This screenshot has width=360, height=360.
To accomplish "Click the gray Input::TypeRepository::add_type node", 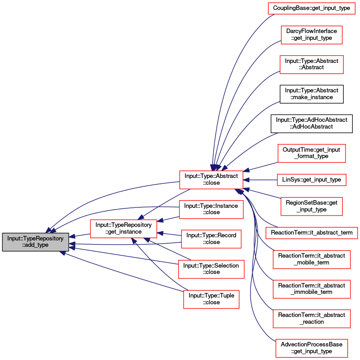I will click(x=36, y=242).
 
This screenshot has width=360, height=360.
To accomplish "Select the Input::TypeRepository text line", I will click(x=36, y=238).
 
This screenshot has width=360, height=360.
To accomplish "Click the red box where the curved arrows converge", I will click(x=211, y=180).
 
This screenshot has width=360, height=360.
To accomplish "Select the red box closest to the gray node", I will click(x=123, y=229).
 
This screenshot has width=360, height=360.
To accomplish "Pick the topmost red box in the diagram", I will click(x=311, y=9).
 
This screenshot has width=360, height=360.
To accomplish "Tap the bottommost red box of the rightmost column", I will click(x=312, y=348).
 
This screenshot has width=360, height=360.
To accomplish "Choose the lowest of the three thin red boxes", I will click(x=312, y=233).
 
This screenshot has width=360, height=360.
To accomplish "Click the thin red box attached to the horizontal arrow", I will click(x=311, y=180).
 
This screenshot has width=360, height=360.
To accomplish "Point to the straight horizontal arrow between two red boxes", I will click(x=260, y=180).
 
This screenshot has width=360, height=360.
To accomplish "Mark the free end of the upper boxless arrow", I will click(x=280, y=101).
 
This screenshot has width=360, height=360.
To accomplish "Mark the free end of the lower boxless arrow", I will click(x=277, y=134).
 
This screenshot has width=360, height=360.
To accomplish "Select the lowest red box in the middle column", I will click(x=211, y=299).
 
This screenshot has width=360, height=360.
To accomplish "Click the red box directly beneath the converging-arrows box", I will click(x=211, y=210).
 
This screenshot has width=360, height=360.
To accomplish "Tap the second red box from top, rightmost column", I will click(x=312, y=35).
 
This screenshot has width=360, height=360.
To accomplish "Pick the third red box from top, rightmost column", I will click(x=312, y=65).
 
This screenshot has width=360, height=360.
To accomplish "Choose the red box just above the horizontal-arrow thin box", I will click(x=312, y=154).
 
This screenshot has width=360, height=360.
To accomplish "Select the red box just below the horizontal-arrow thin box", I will click(x=311, y=206).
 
